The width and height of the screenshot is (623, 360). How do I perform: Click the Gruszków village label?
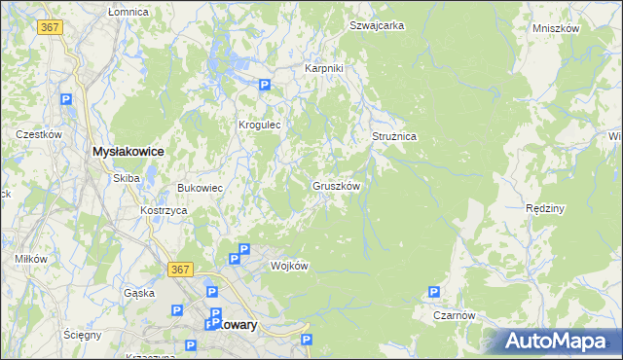tap(337, 186)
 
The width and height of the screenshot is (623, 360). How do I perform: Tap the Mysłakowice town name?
tap(127, 152)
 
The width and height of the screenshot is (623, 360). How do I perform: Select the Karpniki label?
tap(324, 69)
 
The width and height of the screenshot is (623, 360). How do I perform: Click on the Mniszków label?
tap(556, 29)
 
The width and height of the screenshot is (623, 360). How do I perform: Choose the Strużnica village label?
tap(394, 137)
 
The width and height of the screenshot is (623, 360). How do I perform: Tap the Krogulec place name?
tap(260, 126)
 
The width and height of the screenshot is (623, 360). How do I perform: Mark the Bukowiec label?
tap(200, 188)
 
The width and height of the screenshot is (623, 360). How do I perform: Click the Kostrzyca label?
tap(163, 210)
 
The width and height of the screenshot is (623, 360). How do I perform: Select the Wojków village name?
tap(289, 266)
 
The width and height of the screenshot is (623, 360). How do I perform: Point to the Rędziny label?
tap(545, 209)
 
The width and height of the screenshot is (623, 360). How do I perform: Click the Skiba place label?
tap(127, 178)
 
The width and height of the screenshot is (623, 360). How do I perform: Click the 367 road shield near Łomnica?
tap(52, 27)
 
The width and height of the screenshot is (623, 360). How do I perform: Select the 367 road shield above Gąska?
tap(177, 269)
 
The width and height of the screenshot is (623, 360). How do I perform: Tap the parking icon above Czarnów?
tap(434, 292)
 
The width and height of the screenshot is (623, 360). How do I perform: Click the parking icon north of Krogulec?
tap(264, 86)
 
